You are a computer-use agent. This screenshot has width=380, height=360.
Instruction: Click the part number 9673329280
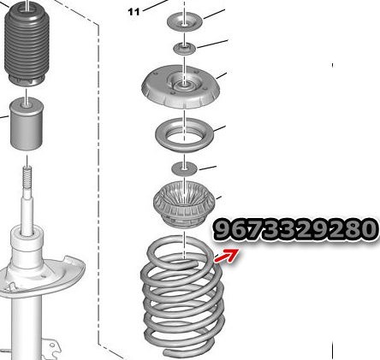click(x=294, y=229)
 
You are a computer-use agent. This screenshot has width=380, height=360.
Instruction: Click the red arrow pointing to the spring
click(x=227, y=255)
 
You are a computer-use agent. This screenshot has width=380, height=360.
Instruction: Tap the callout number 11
click(x=134, y=12)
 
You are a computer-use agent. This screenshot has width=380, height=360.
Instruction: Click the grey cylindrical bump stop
click(x=27, y=123)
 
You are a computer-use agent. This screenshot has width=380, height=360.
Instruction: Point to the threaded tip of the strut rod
click(x=27, y=177)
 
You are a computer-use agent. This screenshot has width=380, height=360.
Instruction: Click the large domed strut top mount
click(x=181, y=86)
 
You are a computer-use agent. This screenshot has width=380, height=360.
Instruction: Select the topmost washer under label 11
click(x=185, y=21)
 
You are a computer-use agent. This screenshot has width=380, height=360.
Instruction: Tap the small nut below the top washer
click(x=185, y=49)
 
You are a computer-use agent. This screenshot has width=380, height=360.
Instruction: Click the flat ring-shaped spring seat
click(x=185, y=135)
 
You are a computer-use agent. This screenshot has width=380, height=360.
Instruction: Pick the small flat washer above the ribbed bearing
click(x=184, y=168)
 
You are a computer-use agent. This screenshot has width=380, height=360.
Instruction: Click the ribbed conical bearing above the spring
click(x=184, y=204)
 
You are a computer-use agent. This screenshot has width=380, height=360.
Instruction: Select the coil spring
click(x=182, y=297)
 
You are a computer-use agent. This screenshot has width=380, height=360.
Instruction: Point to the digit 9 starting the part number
click(x=223, y=229)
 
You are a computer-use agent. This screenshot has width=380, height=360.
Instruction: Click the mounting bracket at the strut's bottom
click(x=51, y=348)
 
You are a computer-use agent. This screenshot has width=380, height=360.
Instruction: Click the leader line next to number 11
click(x=156, y=5)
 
